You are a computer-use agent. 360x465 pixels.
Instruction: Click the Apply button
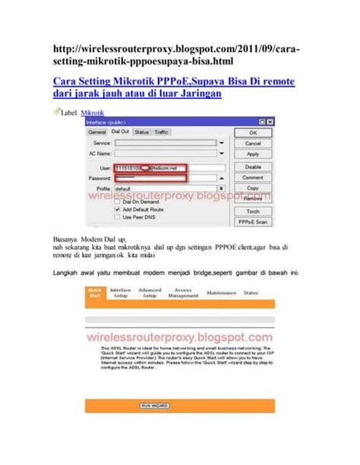click(253, 153)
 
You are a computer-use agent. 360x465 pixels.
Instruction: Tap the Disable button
click(253, 166)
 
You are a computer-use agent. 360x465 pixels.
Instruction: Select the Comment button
click(253, 177)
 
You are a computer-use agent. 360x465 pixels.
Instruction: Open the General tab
click(96, 131)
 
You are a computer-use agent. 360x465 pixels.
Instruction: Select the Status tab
click(142, 131)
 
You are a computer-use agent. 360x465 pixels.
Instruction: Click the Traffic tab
click(161, 131)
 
